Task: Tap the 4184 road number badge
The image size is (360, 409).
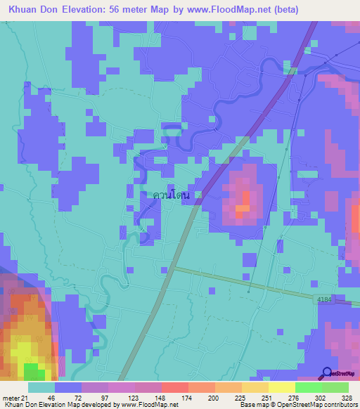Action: coord(323,299)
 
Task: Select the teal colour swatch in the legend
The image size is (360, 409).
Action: coord(41,388)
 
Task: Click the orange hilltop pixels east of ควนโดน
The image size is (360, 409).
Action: coord(243,208)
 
